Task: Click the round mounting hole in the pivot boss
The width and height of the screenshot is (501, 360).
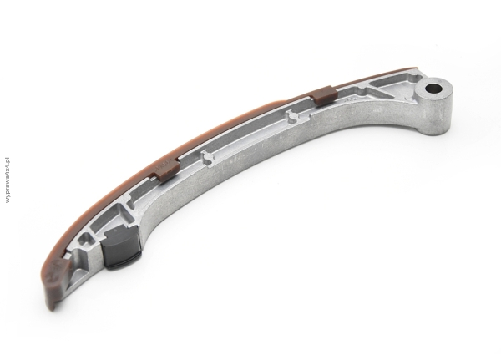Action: coord(434,87)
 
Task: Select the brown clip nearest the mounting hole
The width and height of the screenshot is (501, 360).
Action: coord(324,94)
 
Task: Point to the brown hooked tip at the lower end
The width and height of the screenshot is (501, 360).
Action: coord(57,281)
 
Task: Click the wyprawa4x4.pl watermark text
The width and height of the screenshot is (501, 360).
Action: coord(8,180)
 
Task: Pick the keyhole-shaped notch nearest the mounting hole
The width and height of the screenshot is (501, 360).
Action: coord(291,116)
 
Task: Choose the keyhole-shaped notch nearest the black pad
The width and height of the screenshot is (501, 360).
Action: coord(209,159)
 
